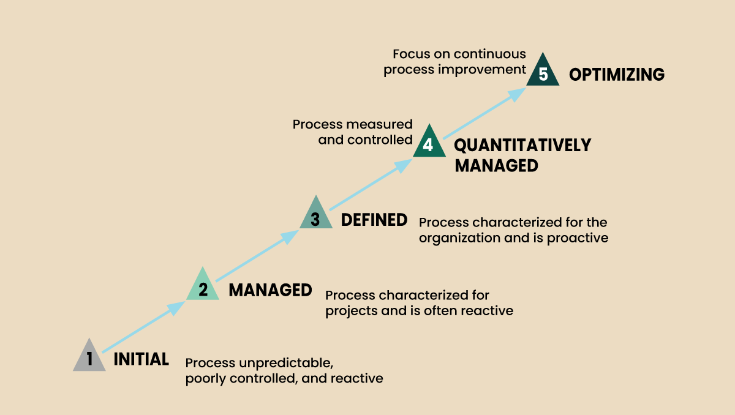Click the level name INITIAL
pos(141,359)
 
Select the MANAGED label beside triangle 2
pos(270,290)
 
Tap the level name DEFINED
pos(374,219)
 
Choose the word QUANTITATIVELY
pos(522,145)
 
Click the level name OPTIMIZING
pos(617,75)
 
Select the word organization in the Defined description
pos(459,237)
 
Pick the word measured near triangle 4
pos(380,124)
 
